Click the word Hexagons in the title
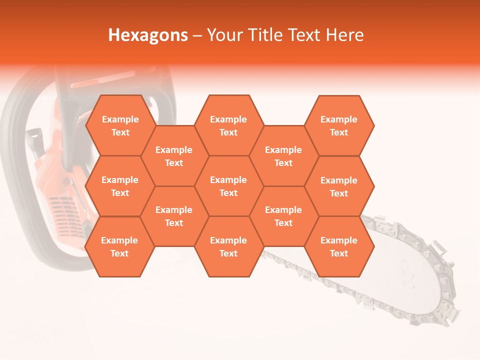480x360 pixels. point(148,35)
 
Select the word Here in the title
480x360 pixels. point(344,35)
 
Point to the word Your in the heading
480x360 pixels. point(224,35)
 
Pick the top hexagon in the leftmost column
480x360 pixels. point(120,125)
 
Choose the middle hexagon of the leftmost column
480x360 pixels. point(120,186)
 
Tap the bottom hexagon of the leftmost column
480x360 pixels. point(119,246)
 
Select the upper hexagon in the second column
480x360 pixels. point(174,156)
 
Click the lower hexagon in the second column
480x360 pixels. point(174,216)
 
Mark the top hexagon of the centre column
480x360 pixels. point(228,125)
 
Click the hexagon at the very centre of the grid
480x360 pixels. point(228,186)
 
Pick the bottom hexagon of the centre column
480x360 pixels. point(228,246)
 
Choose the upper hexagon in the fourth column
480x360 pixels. point(283,156)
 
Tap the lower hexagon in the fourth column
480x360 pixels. point(283,216)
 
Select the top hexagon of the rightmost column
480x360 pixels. point(339,125)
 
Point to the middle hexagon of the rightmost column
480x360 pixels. point(339,186)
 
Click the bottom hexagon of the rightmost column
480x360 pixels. point(339,246)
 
